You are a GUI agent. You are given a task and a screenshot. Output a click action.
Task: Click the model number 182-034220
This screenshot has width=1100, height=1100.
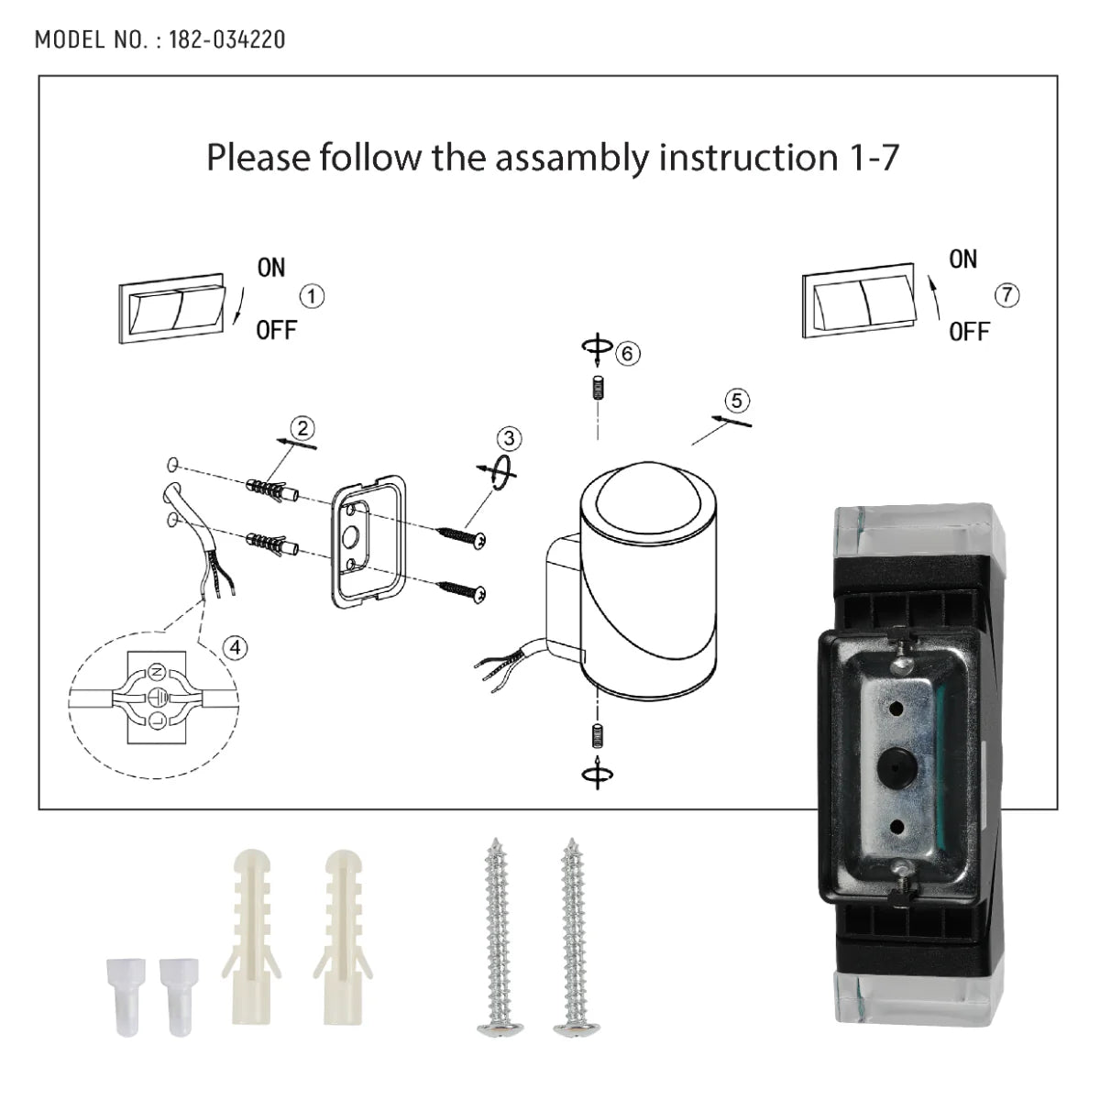coord(226,39)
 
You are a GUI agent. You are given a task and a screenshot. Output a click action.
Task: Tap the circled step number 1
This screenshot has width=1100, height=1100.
coord(313,296)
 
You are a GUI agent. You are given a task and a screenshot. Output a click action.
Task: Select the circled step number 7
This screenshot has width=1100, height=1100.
coord(1006,295)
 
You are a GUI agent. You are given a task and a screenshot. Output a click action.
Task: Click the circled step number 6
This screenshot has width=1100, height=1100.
coord(628,353)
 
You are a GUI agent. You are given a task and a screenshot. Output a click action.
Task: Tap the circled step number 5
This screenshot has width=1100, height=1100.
coord(737,401)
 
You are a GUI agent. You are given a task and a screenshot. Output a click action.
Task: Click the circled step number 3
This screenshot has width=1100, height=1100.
coord(510,438)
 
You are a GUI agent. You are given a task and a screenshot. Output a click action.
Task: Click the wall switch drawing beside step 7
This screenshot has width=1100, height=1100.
coord(859,302)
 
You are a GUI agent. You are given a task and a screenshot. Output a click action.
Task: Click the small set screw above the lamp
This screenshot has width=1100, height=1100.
coord(597,389)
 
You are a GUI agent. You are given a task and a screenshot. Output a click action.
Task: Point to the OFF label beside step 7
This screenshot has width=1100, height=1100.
coord(969,332)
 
